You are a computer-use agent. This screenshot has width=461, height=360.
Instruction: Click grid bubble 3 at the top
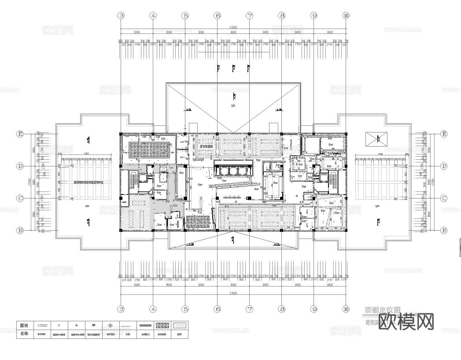[x=121, y=15]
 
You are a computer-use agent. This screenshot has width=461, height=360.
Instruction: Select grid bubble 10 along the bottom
[x=346, y=309]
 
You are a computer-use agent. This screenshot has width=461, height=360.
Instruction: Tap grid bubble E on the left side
[x=20, y=134]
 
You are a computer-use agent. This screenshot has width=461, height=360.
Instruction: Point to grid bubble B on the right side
[x=444, y=230]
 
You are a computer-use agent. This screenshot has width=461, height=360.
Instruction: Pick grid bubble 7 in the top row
[x=250, y=15]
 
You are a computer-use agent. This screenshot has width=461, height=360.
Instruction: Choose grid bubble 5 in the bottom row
[x=185, y=309]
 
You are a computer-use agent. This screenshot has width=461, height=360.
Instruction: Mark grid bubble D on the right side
[x=444, y=166]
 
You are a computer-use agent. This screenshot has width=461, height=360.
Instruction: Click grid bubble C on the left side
[x=20, y=198]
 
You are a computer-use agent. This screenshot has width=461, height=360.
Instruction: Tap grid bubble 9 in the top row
[x=314, y=15]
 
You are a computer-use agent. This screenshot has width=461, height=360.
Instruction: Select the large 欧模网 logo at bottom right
[x=409, y=322]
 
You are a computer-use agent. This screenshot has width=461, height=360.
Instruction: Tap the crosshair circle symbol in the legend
[x=110, y=326]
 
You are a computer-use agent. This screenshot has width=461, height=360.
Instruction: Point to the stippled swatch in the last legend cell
[x=179, y=325]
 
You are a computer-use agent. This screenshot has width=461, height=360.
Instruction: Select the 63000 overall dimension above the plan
[x=233, y=27]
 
